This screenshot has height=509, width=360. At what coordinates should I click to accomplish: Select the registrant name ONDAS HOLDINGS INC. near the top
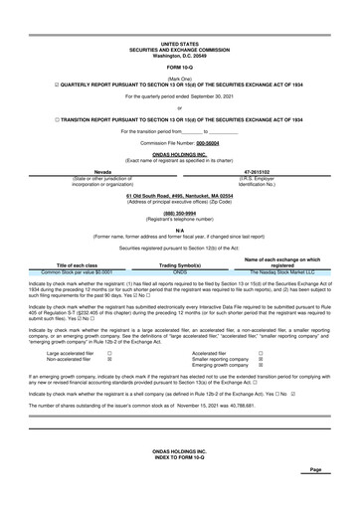pyautogui.click(x=179, y=153)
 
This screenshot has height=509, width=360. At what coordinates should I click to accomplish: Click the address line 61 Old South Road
pyautogui.click(x=179, y=195)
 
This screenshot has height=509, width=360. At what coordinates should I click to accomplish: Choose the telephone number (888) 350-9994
pyautogui.click(x=179, y=213)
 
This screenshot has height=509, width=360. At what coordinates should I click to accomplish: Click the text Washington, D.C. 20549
pyautogui.click(x=179, y=55)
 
